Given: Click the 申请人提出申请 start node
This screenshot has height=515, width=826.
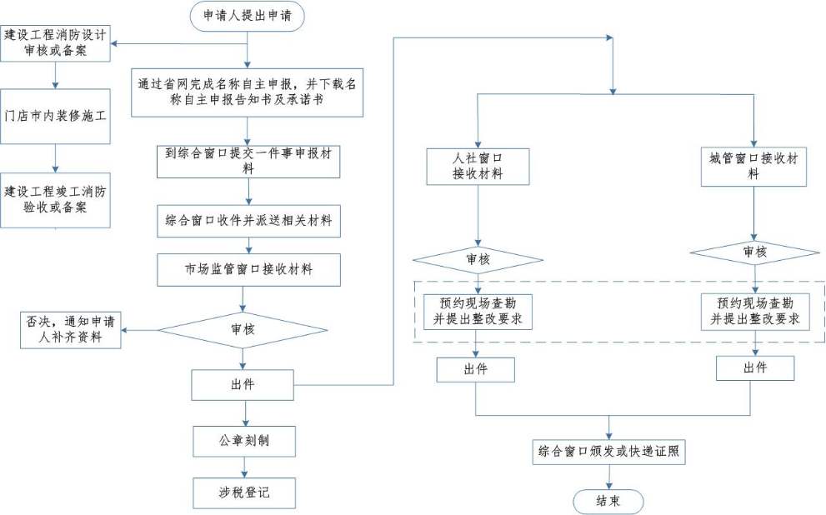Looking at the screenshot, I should [x=247, y=16].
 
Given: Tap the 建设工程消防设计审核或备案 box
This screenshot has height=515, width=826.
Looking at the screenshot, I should [x=55, y=42].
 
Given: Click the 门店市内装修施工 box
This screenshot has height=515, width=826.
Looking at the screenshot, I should [x=55, y=117].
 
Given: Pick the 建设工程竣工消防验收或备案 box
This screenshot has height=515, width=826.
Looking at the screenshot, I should [x=55, y=199].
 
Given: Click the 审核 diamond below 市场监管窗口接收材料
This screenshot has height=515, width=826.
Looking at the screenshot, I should [x=243, y=329].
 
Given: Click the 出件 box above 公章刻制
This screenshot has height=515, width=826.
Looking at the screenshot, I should [x=243, y=385].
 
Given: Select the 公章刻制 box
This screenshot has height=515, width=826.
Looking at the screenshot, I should [x=243, y=441].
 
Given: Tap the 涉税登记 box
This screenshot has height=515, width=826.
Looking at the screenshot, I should [x=243, y=492].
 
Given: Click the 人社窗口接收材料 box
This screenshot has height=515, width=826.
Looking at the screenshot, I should [x=477, y=166].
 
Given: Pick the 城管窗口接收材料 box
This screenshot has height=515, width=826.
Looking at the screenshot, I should [x=753, y=166].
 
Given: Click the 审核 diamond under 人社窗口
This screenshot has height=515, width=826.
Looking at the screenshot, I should [x=477, y=260].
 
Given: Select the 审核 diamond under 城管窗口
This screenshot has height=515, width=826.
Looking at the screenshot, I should [x=754, y=252].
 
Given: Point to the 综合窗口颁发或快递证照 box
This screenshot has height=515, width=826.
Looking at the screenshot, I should [x=608, y=452].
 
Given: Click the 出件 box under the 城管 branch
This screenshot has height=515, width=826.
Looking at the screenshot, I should [x=754, y=368].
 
